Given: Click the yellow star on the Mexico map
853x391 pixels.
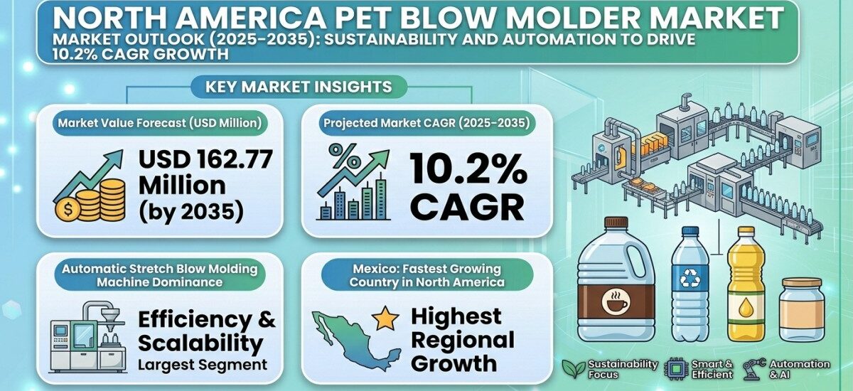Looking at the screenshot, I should point(386,319).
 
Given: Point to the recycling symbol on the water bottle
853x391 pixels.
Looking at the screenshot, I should point(690,279).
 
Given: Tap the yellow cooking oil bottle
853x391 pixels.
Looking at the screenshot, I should point(746,284).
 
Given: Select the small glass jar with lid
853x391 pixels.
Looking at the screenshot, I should point(801,309).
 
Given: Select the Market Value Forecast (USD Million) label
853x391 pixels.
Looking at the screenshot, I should point(161,123).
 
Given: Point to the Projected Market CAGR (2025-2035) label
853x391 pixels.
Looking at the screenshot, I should point(426,123).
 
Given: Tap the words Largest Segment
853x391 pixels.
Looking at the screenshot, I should point(203,365).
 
